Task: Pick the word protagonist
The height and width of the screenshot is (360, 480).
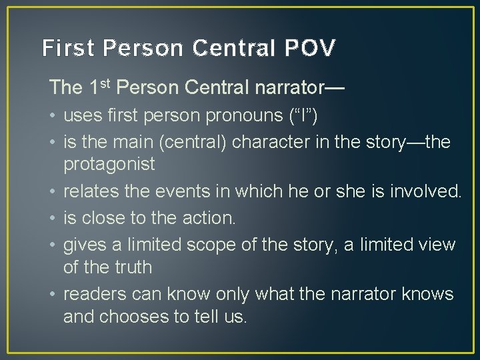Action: click(109, 164)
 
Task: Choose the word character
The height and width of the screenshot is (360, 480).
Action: click(283, 143)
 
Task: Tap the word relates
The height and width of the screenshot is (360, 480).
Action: click(90, 192)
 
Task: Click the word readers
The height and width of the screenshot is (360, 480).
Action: click(93, 295)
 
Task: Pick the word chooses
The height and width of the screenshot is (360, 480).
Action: click(137, 316)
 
